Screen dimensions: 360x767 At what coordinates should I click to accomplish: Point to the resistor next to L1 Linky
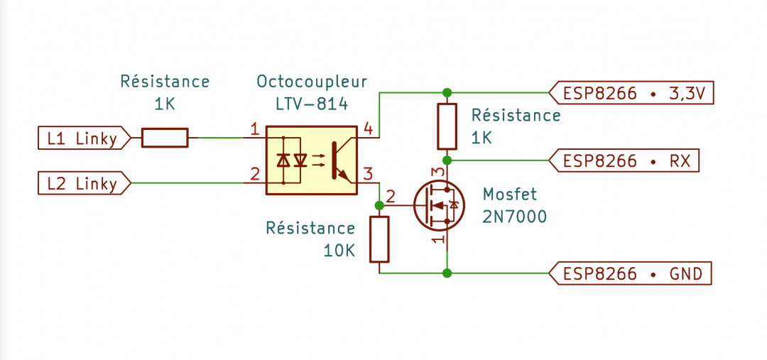165,138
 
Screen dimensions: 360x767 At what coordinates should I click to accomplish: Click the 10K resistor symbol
380,239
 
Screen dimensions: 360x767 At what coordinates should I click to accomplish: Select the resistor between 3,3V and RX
447,127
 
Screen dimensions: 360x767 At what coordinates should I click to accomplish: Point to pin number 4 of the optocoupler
367,129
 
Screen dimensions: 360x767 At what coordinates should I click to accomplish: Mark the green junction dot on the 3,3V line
447,93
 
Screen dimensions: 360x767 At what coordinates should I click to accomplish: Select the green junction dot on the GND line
447,273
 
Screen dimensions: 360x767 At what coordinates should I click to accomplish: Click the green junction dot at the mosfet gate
379,205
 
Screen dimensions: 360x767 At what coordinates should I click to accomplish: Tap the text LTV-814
312,104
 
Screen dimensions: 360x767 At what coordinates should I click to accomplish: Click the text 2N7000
514,217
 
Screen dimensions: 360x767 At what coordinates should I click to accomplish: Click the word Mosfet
509,194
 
